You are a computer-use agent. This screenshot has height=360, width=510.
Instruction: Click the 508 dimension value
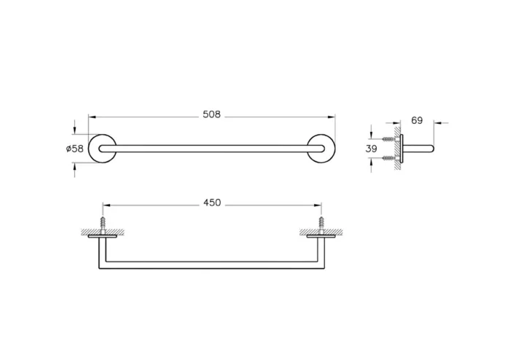coord(211,115)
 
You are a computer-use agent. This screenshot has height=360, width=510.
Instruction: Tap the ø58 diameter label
coord(75,149)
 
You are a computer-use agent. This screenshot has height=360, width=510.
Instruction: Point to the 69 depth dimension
coord(417,120)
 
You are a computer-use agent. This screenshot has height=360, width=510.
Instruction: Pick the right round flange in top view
coord(321,148)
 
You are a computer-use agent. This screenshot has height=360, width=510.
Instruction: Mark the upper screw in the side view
coord(389,139)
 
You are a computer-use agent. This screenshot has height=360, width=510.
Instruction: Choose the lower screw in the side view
coord(389,157)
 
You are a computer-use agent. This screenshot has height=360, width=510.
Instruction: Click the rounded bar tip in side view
coord(431,149)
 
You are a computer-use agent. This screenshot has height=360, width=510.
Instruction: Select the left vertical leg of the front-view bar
coord(102,251)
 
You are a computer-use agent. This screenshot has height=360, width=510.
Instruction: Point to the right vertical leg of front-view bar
coord(321,251)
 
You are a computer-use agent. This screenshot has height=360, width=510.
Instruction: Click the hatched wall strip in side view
coord(398,149)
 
